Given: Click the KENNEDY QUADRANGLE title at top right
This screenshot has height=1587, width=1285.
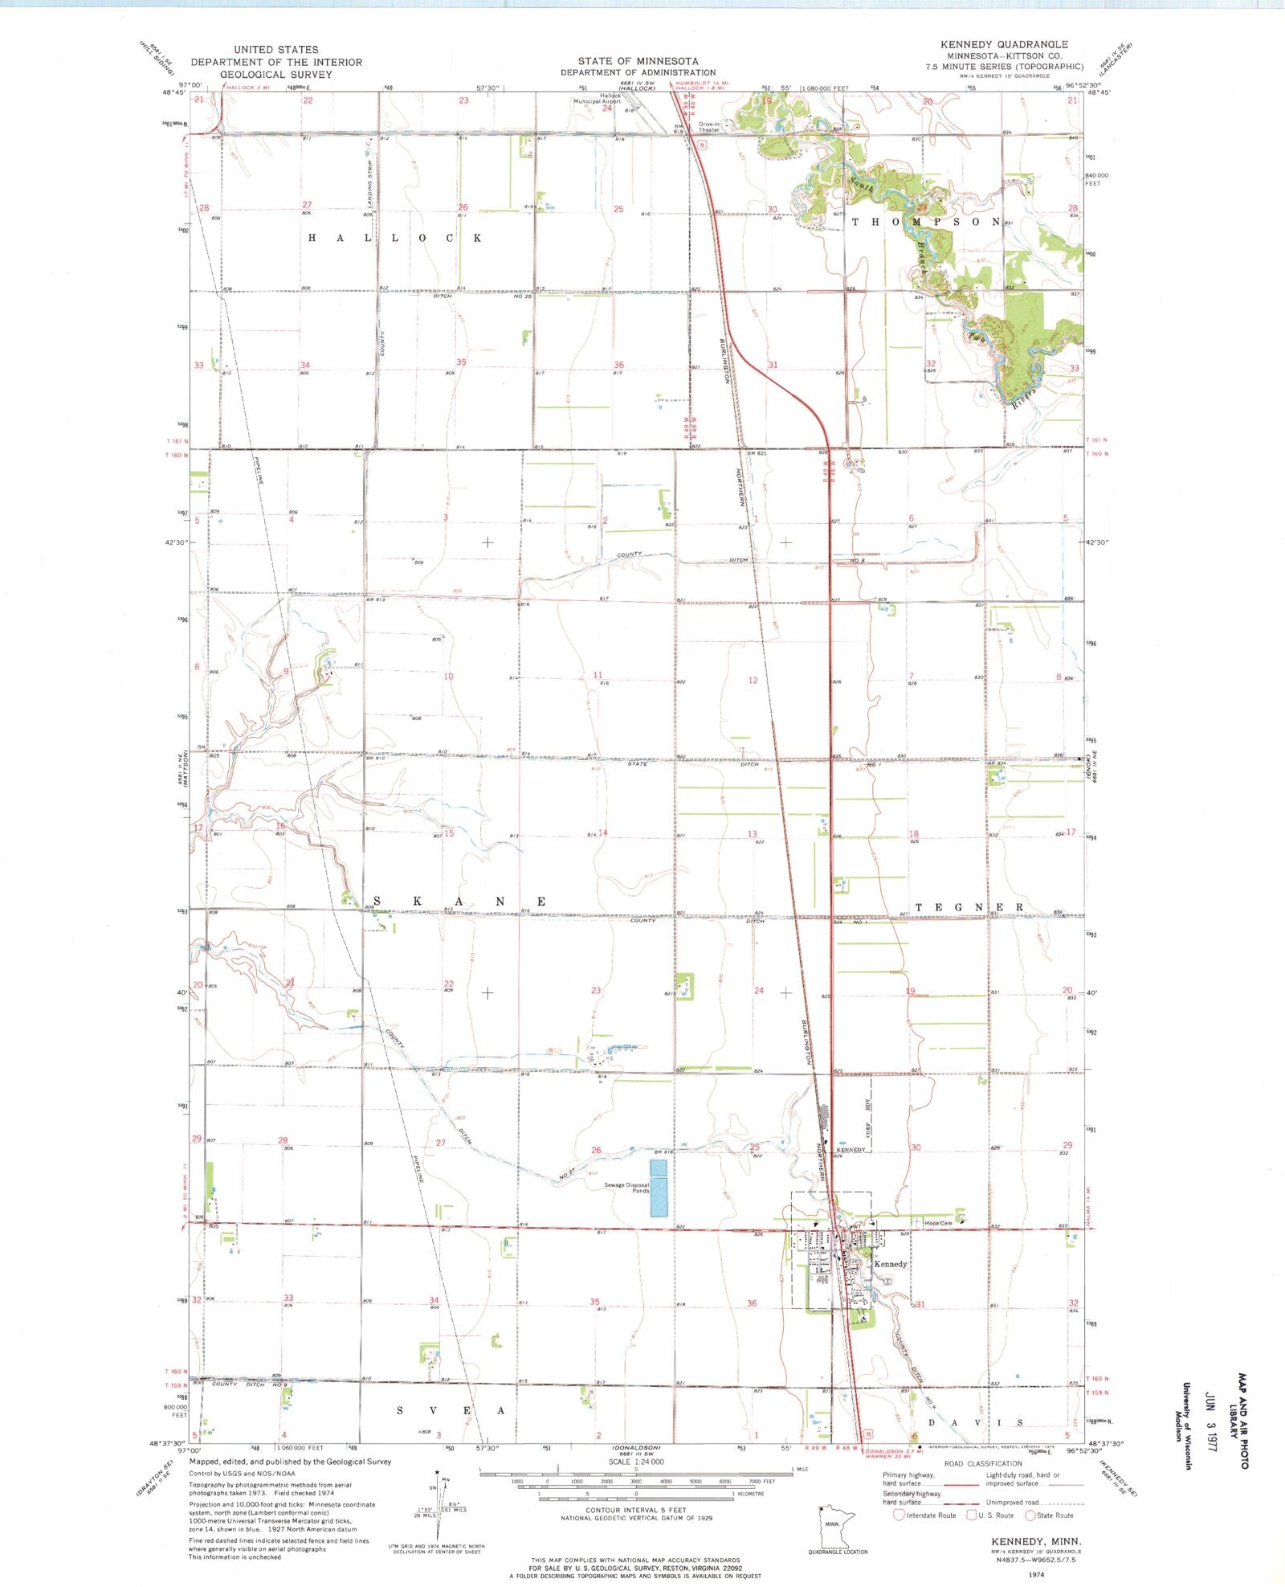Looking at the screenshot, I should pyautogui.click(x=1004, y=44).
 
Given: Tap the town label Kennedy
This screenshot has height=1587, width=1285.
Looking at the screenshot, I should pyautogui.click(x=890, y=1264).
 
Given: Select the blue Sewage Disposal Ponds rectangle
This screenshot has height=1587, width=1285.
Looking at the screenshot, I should pyautogui.click(x=659, y=1187).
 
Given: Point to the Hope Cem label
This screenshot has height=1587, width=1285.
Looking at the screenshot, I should pyautogui.click(x=938, y=1224).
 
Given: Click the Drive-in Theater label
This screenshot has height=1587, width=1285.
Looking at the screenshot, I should pyautogui.click(x=709, y=127).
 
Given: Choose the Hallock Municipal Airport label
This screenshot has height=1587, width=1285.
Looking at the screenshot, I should pyautogui.click(x=597, y=99).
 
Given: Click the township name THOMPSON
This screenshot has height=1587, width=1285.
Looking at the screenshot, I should pyautogui.click(x=925, y=222).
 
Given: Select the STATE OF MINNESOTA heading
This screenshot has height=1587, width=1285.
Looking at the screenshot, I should pyautogui.click(x=638, y=61).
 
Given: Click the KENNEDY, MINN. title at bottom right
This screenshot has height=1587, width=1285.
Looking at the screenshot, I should pyautogui.click(x=1030, y=1540).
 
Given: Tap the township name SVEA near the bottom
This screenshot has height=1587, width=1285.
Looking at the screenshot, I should pyautogui.click(x=451, y=1410).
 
